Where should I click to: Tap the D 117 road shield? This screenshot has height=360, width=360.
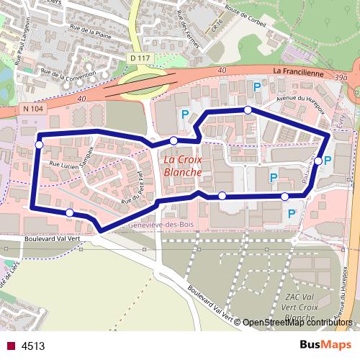141,58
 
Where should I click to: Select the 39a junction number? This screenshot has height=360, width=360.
341,75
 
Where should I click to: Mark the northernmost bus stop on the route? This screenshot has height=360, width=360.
248,110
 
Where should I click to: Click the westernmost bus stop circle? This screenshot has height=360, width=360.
39,145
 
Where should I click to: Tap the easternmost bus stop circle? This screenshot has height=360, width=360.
318,161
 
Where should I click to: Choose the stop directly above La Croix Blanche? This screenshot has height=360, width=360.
174,140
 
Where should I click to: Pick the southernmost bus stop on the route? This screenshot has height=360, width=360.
69,212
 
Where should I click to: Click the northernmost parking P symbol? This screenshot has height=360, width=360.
257,87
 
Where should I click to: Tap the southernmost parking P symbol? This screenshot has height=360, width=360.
292,213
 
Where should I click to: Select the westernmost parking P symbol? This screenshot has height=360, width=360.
184,114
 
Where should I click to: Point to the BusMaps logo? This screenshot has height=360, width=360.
328,346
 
